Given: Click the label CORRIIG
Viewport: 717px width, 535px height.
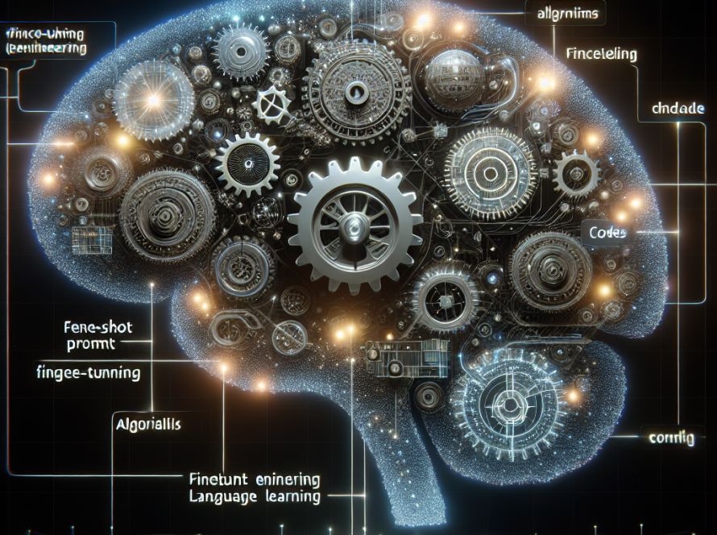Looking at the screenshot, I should pyautogui.click(x=672, y=439).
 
